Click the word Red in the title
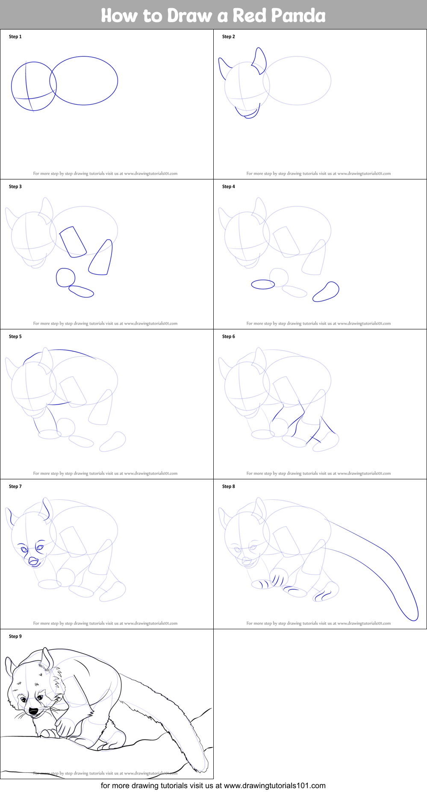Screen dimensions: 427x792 click(250, 15)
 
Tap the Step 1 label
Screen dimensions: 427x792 click(15, 37)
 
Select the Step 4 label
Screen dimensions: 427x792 click(228, 187)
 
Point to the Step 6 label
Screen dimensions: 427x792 click(228, 337)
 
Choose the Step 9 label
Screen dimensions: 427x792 click(15, 637)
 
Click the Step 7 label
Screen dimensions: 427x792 click(15, 487)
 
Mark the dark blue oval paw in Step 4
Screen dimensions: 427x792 click(263, 285)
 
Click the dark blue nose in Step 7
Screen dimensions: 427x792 click(33, 561)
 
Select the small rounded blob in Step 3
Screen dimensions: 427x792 click(65, 278)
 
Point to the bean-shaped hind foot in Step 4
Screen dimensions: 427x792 click(326, 292)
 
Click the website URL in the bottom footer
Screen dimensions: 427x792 click(275, 786)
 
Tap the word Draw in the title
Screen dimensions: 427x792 click(190, 15)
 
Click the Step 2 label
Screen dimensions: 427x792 click(228, 37)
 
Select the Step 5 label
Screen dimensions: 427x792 click(15, 337)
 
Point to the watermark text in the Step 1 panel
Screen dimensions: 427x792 click(105, 173)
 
